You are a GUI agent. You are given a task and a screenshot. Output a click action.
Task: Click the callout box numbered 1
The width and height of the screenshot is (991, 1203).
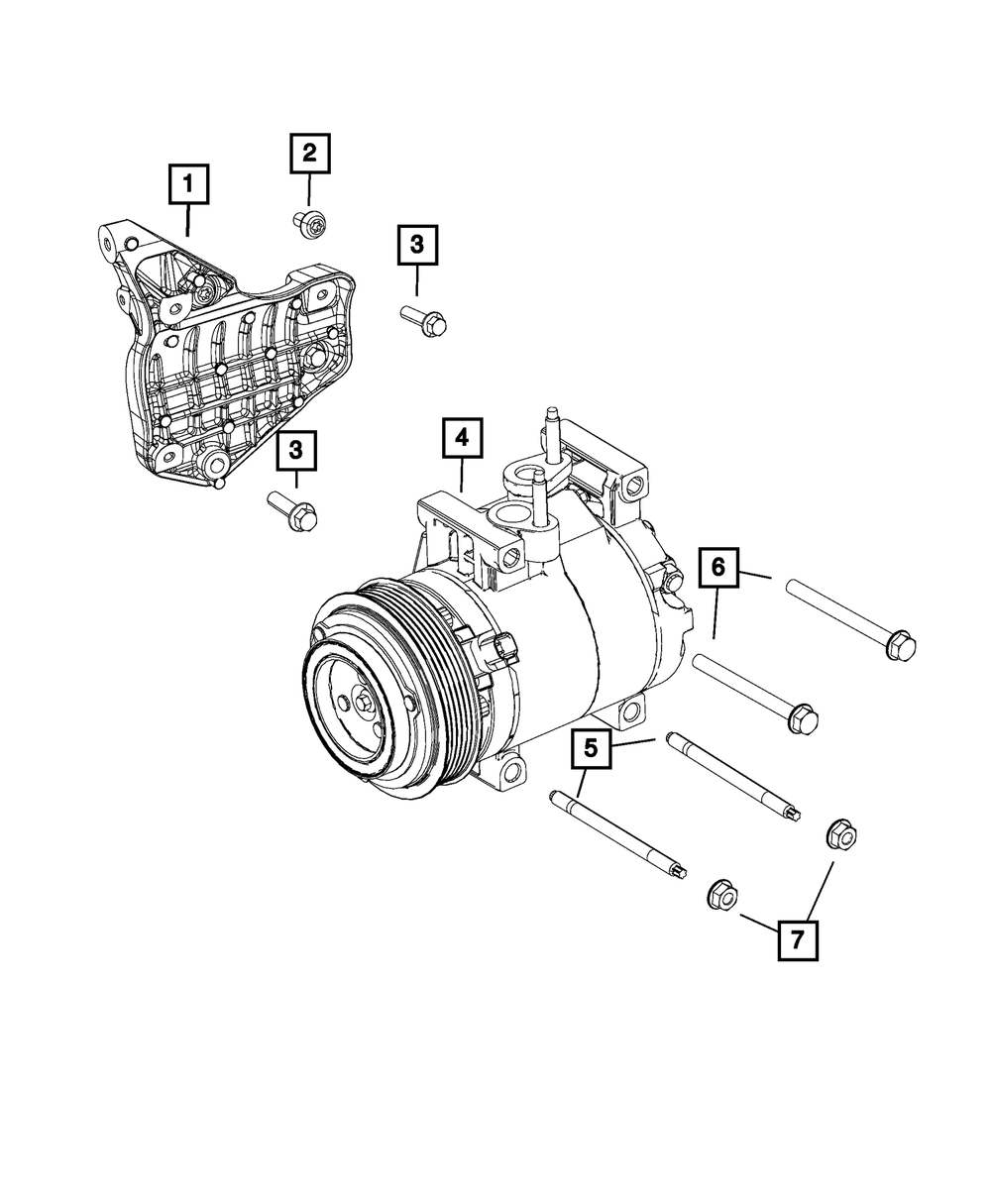[x=188, y=185]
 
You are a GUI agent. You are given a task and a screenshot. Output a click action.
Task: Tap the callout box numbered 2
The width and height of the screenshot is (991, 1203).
[x=309, y=154]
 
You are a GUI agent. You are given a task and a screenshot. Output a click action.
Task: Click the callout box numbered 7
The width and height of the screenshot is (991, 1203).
[x=798, y=937]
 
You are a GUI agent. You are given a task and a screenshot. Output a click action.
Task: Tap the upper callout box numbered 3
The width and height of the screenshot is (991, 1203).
[x=417, y=245]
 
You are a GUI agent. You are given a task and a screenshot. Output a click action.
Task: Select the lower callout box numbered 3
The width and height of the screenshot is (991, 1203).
[x=296, y=453]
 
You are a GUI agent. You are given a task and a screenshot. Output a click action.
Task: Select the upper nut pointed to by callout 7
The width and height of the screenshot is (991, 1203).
[x=840, y=834]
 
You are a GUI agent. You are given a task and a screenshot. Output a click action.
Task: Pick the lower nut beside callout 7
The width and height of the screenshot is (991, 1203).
[x=722, y=895]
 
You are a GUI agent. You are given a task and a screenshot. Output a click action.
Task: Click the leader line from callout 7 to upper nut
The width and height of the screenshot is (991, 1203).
[x=820, y=888]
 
